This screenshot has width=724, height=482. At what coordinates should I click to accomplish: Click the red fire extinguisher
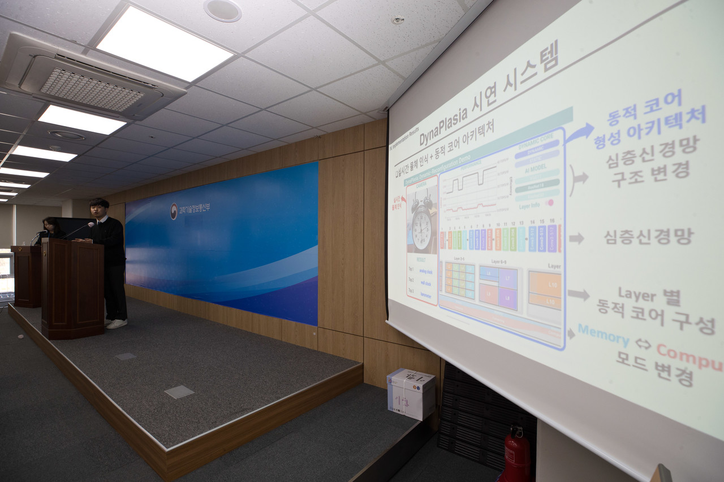[x=517, y=455]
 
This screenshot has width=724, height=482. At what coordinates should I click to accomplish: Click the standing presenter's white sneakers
[x=117, y=324]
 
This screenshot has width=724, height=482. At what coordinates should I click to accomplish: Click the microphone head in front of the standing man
[x=90, y=224]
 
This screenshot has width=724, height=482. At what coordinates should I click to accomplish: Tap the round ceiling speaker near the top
[x=222, y=10]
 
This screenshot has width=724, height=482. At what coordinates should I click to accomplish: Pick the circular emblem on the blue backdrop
[x=174, y=211]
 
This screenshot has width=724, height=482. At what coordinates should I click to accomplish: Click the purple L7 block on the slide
[x=507, y=278]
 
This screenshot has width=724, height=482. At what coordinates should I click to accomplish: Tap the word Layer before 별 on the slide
[x=637, y=295]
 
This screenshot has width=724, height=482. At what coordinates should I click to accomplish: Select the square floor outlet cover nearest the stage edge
[x=179, y=392]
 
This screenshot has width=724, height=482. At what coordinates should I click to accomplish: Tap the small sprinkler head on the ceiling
[x=398, y=20]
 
